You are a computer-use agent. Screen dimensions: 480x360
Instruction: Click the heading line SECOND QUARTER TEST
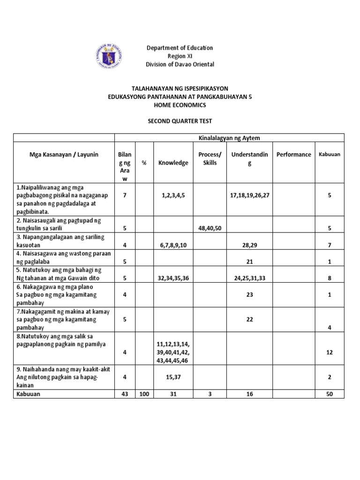tap(180, 121)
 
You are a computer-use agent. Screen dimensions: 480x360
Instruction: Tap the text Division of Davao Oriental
tap(180, 64)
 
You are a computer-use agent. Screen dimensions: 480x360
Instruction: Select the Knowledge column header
tap(173, 163)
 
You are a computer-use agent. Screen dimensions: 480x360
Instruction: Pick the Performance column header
tap(293, 154)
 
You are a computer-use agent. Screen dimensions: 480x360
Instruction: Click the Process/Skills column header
tap(210, 158)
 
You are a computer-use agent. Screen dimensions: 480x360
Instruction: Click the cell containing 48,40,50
tap(210, 228)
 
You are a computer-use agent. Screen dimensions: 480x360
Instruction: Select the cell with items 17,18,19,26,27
tap(249, 195)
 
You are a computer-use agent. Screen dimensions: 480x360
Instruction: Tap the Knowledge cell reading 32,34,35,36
tap(173, 278)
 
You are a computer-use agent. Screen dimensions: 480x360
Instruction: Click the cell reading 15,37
tap(173, 376)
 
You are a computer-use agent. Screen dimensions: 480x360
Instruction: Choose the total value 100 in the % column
tap(144, 394)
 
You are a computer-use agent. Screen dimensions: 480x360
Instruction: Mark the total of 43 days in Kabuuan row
tap(125, 394)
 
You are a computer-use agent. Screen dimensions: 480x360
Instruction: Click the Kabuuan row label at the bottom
tap(28, 394)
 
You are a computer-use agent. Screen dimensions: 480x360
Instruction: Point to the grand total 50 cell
tap(330, 394)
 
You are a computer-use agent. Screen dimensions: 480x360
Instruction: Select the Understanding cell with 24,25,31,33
tap(249, 278)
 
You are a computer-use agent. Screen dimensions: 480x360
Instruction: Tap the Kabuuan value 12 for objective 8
tap(330, 352)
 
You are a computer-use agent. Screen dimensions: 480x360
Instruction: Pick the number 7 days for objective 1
tap(125, 195)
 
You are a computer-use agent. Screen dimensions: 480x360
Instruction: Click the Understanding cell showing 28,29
tap(249, 245)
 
